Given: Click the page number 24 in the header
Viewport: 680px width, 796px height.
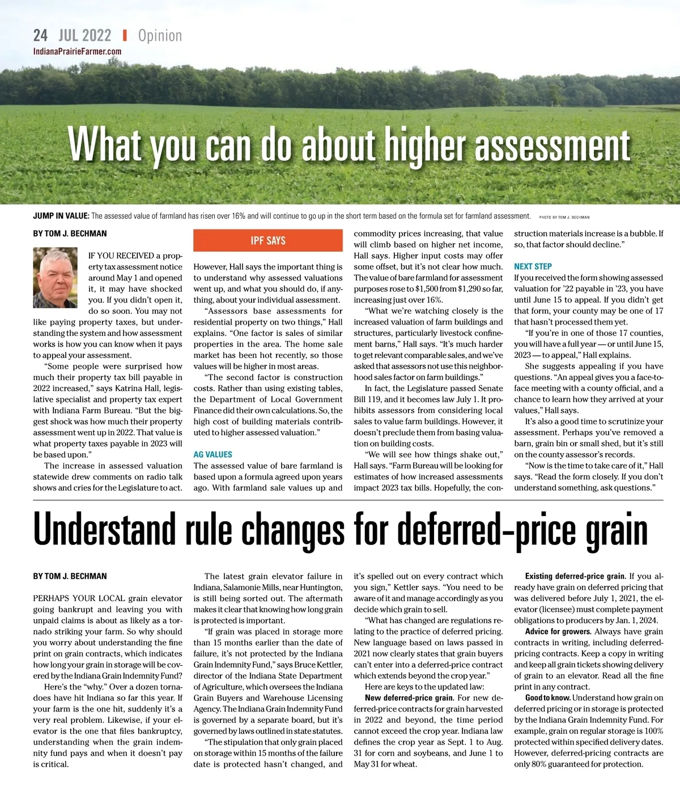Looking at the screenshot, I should tap(40, 36).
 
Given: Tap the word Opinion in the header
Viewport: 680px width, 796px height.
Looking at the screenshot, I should tap(160, 36).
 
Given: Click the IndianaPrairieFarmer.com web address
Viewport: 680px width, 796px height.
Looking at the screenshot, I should tap(77, 52).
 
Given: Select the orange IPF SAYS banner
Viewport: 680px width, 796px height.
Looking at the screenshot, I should tap(268, 240).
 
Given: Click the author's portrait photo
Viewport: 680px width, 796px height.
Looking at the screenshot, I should tap(55, 278).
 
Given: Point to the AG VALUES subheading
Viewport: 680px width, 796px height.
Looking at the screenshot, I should tap(212, 454).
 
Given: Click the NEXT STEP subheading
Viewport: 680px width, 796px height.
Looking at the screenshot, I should tap(533, 266).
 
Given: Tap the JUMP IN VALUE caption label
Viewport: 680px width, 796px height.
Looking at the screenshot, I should tap(61, 216).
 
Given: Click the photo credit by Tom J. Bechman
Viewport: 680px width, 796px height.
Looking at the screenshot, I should tap(564, 217).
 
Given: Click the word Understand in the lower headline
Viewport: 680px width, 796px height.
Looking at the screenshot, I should tap(104, 530).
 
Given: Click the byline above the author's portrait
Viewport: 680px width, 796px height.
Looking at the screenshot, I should tap(70, 233).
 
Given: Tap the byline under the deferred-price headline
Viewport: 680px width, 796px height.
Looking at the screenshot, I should tap(70, 576).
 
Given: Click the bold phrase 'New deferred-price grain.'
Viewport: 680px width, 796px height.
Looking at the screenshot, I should tap(409, 698).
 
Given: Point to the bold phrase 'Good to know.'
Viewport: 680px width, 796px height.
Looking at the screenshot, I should tap(547, 698).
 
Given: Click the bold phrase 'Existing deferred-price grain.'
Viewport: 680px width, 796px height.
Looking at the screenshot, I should tap(575, 576).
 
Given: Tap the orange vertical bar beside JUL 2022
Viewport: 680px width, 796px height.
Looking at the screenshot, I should tap(125, 36).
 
